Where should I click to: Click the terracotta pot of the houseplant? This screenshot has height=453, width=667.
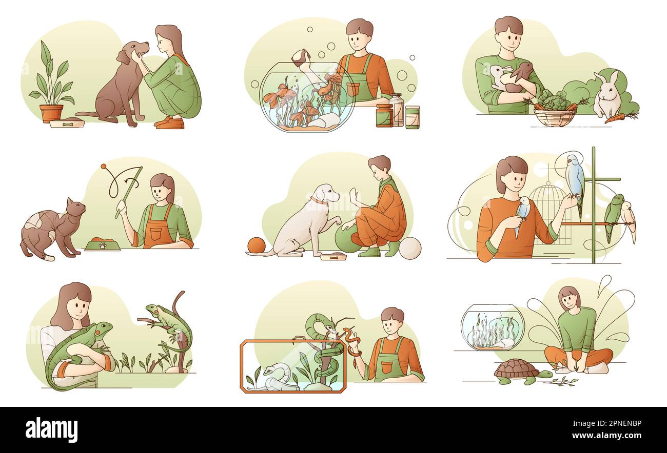[51, 113]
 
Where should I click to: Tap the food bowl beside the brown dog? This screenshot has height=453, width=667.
[67, 123]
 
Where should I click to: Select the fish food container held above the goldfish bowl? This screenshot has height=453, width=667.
[302, 57]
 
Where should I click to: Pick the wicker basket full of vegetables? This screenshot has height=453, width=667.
[555, 117]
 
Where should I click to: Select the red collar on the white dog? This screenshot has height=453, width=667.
[319, 201]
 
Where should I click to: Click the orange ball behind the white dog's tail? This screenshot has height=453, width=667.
[257, 245]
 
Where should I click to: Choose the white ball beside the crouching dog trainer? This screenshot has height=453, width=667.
[409, 248]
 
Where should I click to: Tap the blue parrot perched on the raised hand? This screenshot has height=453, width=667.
[575, 177]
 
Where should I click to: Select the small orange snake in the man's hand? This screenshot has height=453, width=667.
[351, 340]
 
